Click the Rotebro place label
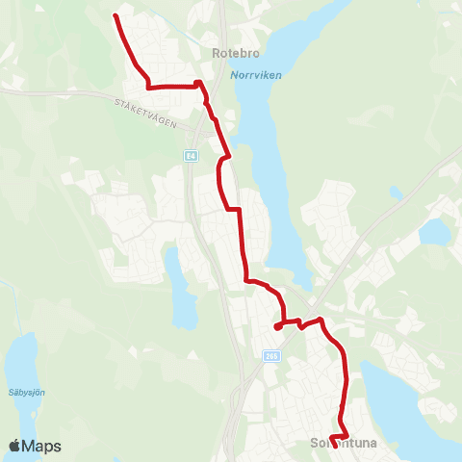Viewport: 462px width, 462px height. [231, 54]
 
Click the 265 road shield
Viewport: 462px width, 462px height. [271, 356]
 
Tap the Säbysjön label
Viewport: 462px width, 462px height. [29, 392]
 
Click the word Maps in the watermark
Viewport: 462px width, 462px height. [42, 446]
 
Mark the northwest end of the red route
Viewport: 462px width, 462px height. [115, 16]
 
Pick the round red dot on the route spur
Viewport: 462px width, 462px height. [277, 327]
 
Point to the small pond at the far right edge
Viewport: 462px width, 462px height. [435, 231]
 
